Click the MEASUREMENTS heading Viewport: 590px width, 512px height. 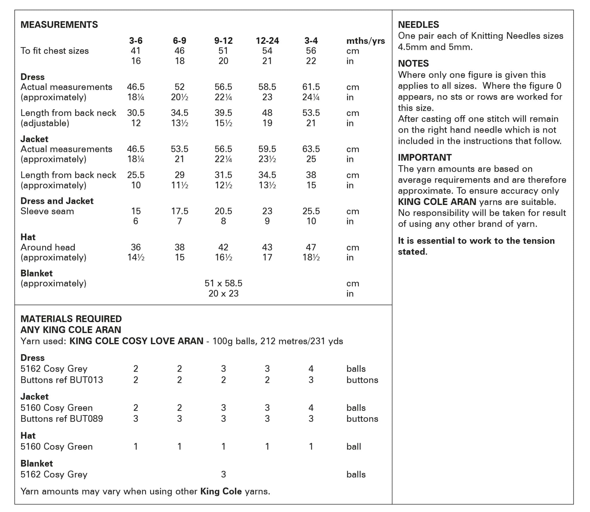[59, 25]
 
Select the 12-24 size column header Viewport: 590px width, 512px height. [267, 41]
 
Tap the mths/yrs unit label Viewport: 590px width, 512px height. [365, 41]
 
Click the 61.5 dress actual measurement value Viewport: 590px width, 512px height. [311, 87]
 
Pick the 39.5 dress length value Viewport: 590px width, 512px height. [223, 113]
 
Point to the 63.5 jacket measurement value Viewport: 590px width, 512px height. [311, 149]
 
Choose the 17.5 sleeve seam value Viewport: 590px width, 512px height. [179, 211]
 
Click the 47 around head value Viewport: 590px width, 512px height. [311, 247]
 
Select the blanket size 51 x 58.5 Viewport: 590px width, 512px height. [223, 283]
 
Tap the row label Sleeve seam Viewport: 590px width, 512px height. [47, 211]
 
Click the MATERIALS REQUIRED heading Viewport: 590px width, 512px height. [71, 319]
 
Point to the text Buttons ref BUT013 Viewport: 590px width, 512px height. [62, 380]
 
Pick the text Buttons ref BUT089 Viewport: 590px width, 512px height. [62, 419]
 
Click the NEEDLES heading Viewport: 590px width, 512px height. [418, 25]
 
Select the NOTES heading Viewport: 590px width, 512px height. [413, 63]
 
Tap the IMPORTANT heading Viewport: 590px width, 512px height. [425, 157]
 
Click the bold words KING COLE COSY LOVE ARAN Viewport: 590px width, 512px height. [137, 341]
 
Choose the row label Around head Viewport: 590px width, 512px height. [48, 247]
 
